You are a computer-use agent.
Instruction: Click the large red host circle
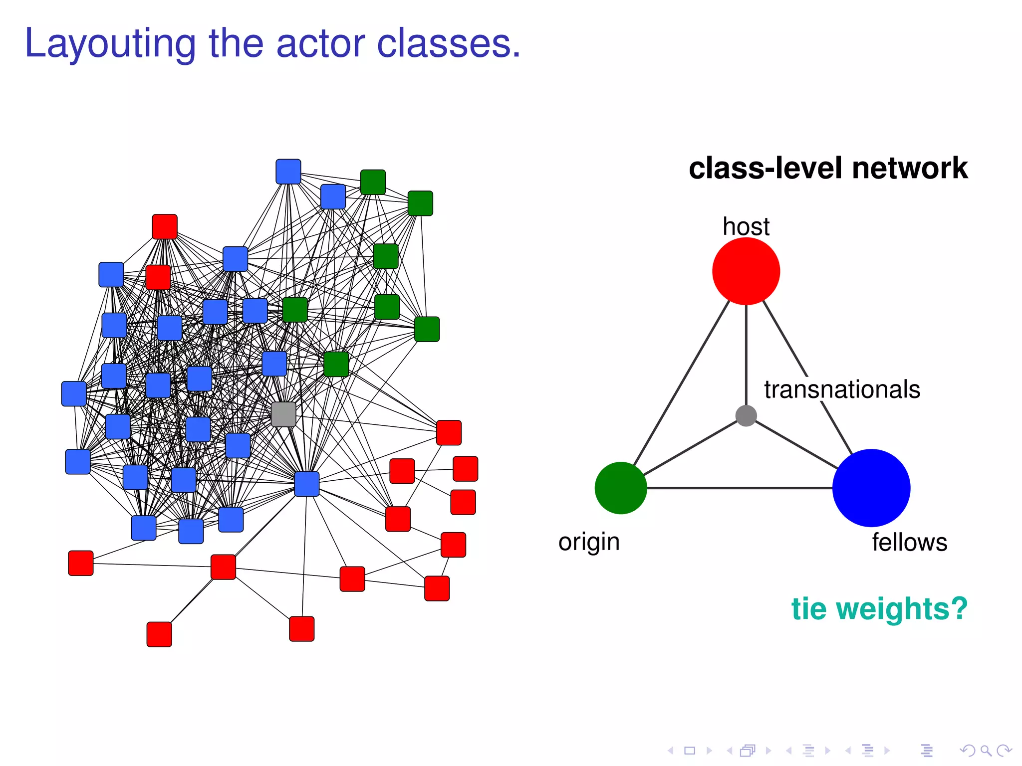(x=746, y=271)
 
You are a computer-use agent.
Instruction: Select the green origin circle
(x=621, y=488)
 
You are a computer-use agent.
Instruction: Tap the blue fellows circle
(x=871, y=488)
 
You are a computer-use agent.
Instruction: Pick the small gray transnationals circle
(x=746, y=415)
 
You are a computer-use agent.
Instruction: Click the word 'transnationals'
(x=842, y=389)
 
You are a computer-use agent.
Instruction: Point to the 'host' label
(x=746, y=227)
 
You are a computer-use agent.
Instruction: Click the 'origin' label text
(x=589, y=542)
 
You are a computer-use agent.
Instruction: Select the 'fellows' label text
(x=909, y=543)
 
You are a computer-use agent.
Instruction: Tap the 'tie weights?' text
(x=879, y=609)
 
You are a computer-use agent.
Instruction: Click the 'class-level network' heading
(x=828, y=168)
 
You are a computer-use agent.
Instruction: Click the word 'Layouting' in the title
(x=110, y=44)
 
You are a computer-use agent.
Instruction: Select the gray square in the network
(x=283, y=414)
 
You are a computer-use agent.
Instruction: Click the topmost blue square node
(x=288, y=172)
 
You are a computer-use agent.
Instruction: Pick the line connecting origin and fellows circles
(x=739, y=488)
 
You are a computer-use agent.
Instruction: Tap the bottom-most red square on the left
(x=159, y=634)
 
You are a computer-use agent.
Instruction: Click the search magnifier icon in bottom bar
(x=986, y=750)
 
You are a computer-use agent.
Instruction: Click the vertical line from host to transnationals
(x=746, y=354)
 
